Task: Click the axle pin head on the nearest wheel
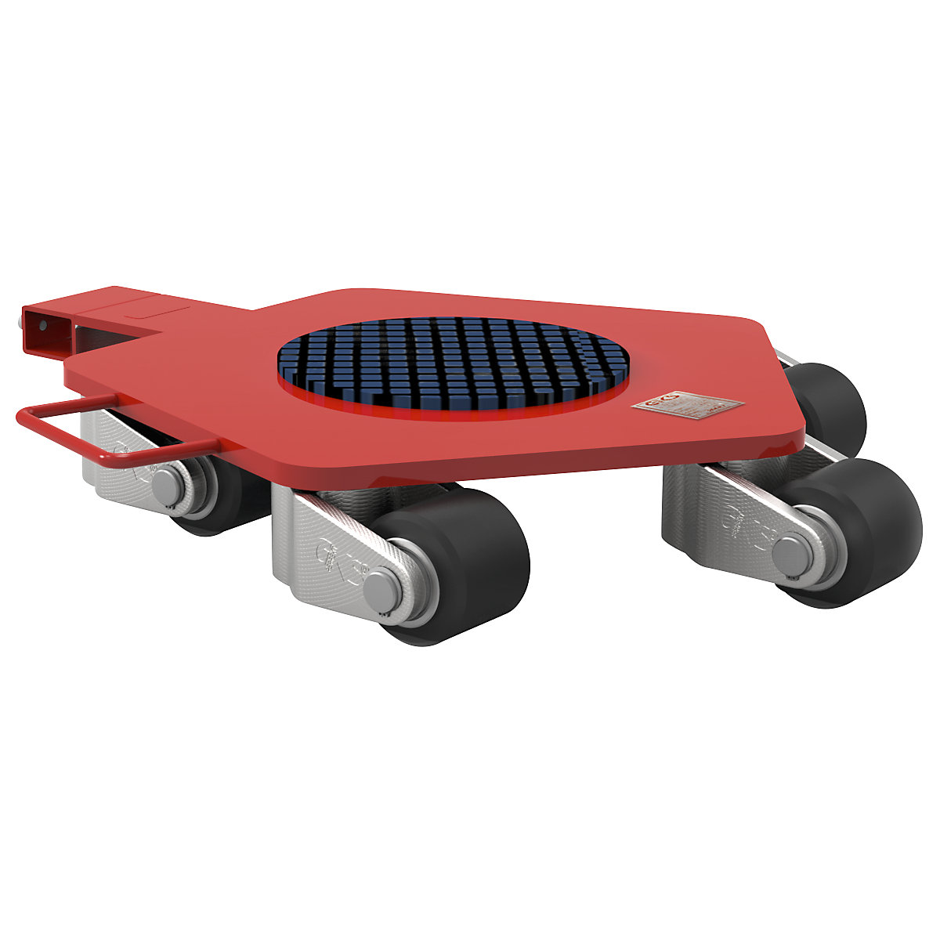381,589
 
